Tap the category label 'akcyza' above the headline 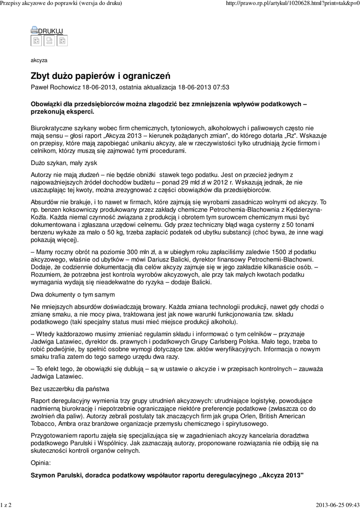[39, 60]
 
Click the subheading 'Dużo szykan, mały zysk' [64, 163]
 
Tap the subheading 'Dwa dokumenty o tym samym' [69, 294]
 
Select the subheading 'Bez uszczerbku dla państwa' [70, 388]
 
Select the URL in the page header [292, 3]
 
